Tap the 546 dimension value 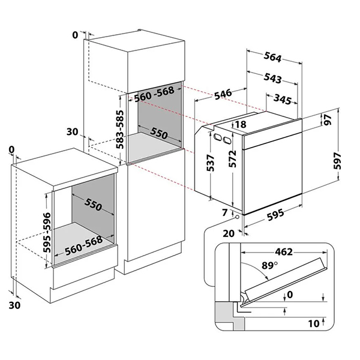(x=223, y=94)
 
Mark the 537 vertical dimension (x=210, y=164)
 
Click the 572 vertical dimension (x=232, y=159)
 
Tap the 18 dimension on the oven (x=241, y=125)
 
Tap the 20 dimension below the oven (x=229, y=233)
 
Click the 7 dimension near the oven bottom (x=224, y=212)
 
